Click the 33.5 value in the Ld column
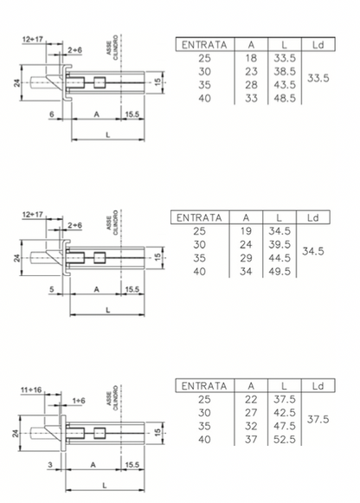tap(318, 78)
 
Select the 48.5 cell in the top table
tap(285, 98)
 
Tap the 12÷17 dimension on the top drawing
tap(33, 40)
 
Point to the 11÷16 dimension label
tap(31, 390)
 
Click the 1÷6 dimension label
tap(79, 401)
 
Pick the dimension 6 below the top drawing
tap(52, 114)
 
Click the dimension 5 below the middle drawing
tap(52, 289)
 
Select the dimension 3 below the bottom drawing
tap(50, 465)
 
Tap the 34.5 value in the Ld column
tap(313, 251)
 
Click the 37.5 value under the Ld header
tap(318, 419)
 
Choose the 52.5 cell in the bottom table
tap(285, 440)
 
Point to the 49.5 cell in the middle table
tap(280, 272)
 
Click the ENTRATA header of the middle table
tap(199, 218)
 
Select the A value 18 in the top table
tap(251, 58)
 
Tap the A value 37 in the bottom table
tap(251, 440)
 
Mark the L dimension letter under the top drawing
tap(108, 135)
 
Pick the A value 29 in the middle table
tap(246, 258)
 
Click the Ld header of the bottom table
tap(318, 386)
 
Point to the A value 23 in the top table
tap(251, 72)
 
